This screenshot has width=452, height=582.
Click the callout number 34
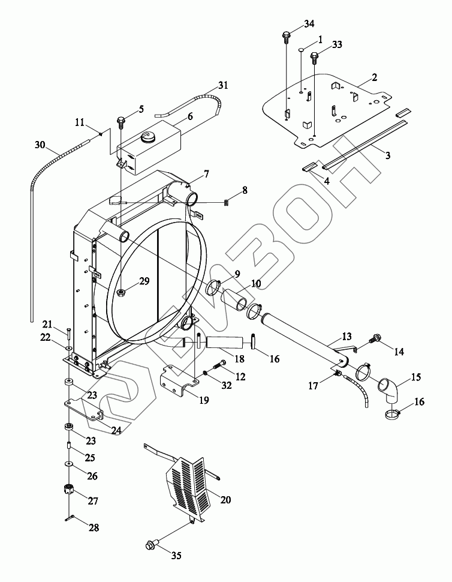click(x=309, y=24)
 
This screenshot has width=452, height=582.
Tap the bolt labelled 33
click(x=314, y=58)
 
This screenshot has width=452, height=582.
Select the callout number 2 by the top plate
click(x=374, y=77)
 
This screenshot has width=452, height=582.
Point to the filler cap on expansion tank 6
click(x=147, y=138)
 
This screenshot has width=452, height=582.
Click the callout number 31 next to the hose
click(x=223, y=86)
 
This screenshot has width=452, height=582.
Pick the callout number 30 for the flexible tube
click(x=40, y=145)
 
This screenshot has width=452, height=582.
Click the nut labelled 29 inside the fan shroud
click(x=122, y=293)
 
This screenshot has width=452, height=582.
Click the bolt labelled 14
click(x=377, y=338)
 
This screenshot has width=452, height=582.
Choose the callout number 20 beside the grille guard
click(x=225, y=499)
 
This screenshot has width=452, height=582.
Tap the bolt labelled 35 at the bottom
click(x=150, y=545)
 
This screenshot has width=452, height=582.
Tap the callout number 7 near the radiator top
click(x=206, y=174)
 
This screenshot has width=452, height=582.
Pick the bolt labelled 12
click(x=218, y=365)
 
